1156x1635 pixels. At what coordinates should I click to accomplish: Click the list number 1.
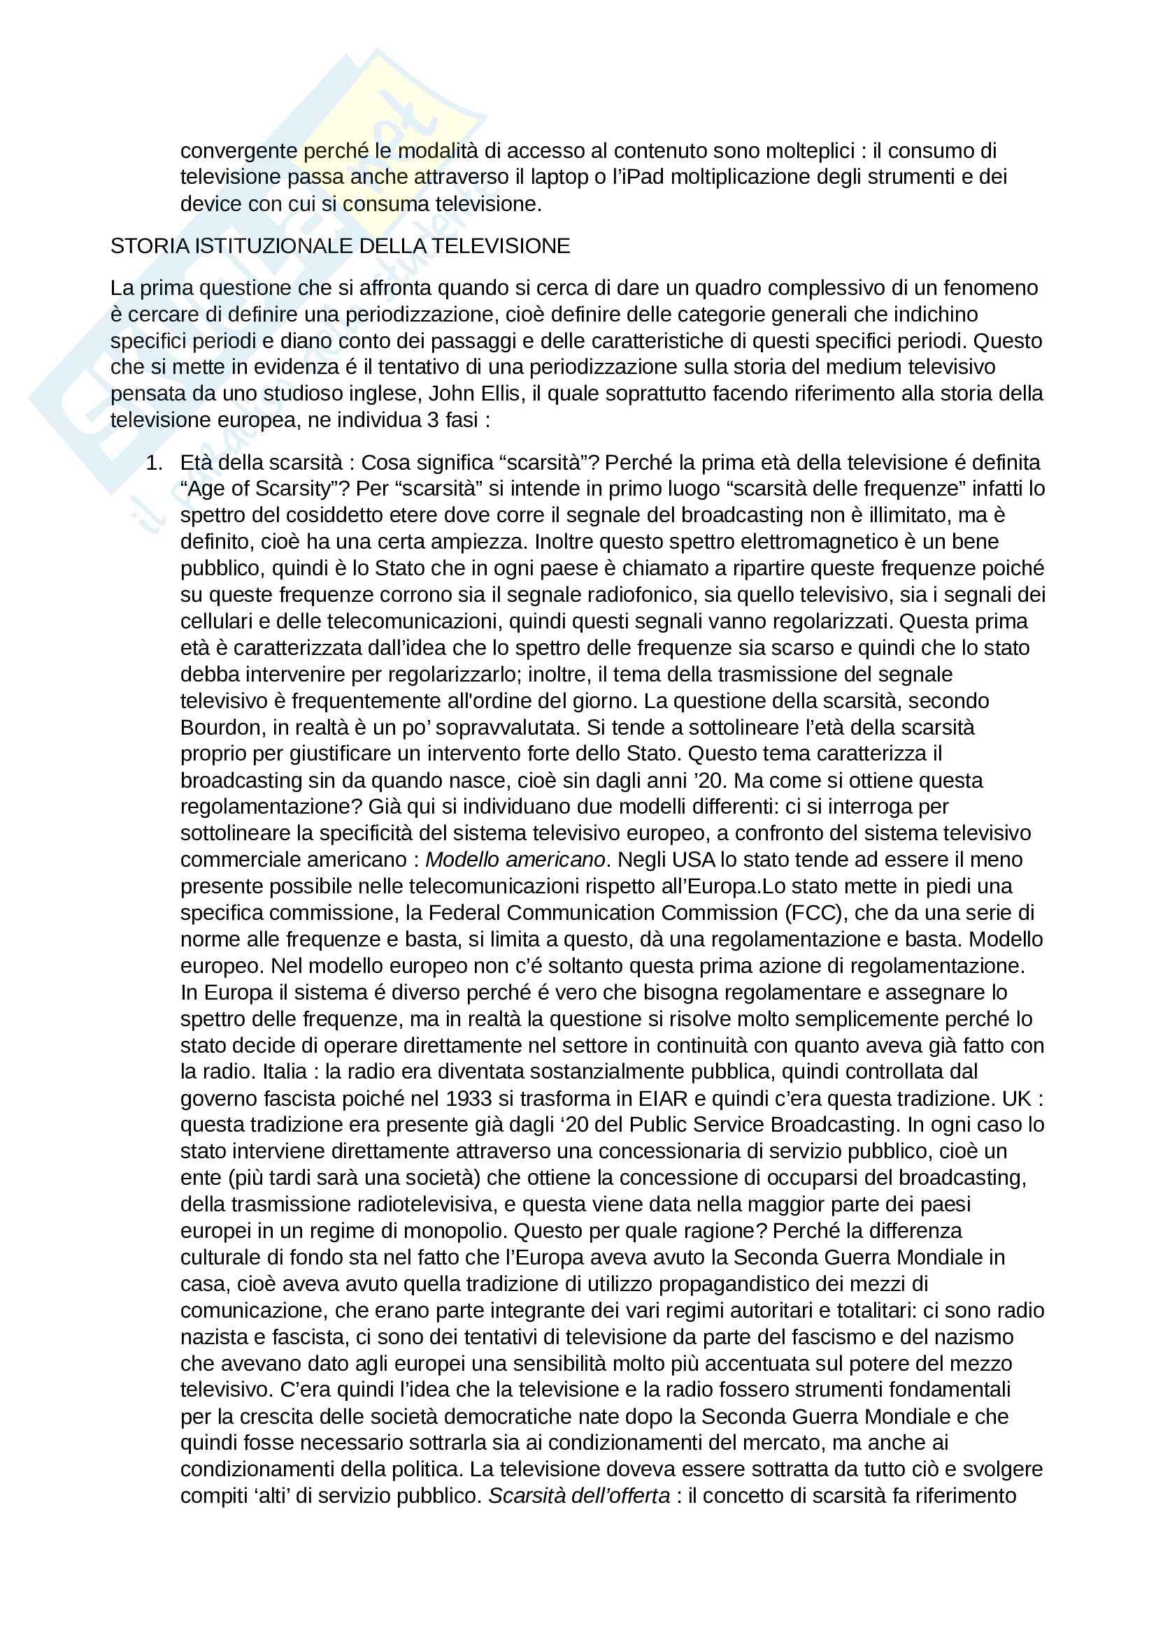pos(153,463)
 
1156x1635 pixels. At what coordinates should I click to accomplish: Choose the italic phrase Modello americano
pos(514,860)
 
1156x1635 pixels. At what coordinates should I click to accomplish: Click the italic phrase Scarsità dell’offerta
pos(578,1495)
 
